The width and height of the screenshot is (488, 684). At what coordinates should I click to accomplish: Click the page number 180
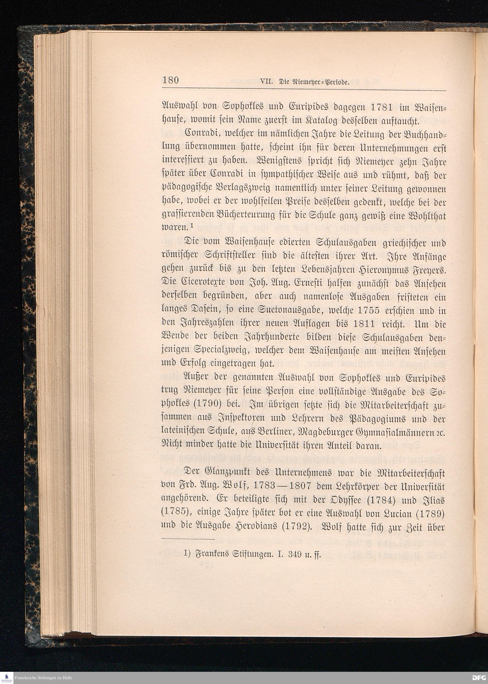click(x=170, y=80)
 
